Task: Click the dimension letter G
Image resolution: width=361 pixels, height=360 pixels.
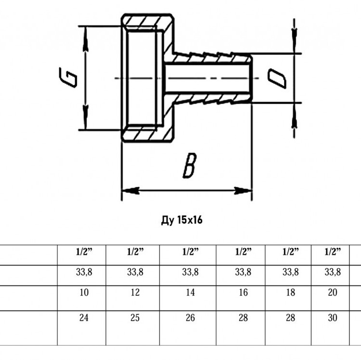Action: point(68,77)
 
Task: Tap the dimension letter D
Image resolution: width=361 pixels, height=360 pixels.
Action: point(277,79)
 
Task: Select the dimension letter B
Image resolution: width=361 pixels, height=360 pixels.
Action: point(190,165)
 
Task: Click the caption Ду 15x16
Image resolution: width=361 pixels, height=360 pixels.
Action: point(182,220)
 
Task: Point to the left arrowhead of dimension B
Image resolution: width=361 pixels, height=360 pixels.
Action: point(130,190)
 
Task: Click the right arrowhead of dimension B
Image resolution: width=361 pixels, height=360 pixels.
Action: point(243,190)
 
